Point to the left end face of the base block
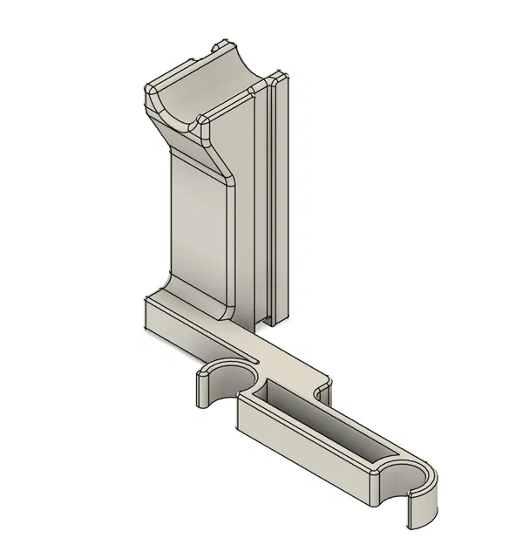(144, 317)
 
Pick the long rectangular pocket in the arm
(327, 427)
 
